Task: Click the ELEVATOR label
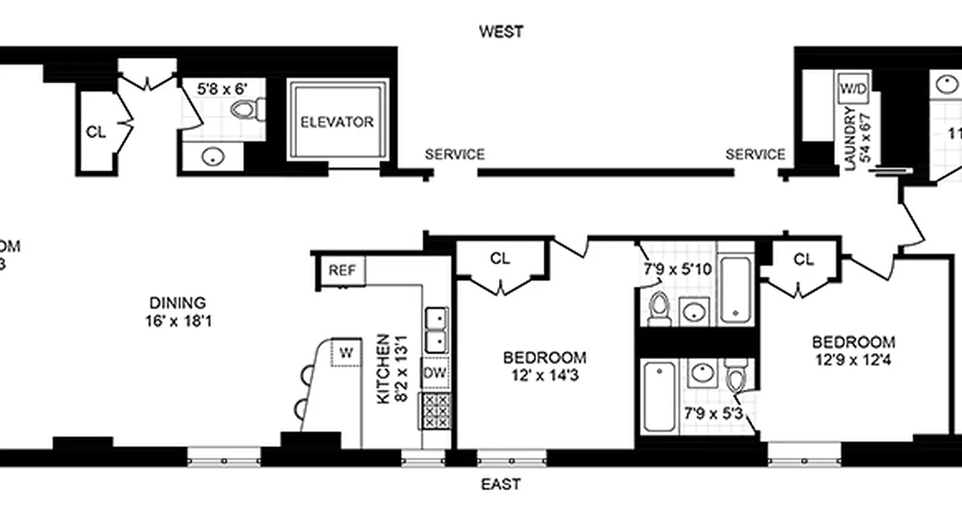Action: (x=337, y=122)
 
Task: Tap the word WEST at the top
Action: (x=502, y=31)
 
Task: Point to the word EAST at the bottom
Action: (x=501, y=484)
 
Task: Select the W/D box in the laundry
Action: (x=853, y=89)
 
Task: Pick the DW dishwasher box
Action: (x=435, y=373)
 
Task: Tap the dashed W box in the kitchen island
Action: (x=346, y=352)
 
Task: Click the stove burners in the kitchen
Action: (x=435, y=410)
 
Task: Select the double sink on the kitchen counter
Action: (x=436, y=329)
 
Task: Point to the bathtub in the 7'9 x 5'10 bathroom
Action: (x=736, y=290)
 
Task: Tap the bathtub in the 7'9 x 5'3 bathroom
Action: (x=659, y=396)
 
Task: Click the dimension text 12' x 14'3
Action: (x=544, y=376)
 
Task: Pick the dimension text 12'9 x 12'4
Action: (x=853, y=360)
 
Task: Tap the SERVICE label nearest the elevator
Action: (x=455, y=155)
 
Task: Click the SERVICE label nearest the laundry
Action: (x=755, y=155)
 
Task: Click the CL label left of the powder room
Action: (x=96, y=133)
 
